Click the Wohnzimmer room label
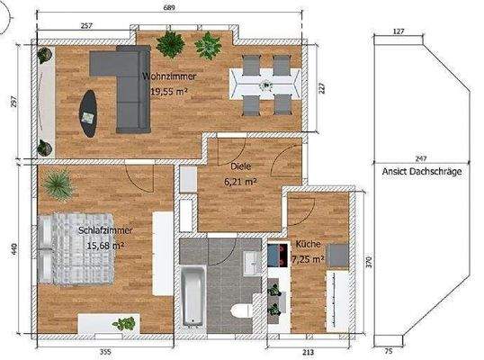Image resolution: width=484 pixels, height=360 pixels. click(168, 77)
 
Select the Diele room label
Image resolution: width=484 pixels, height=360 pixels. click(240, 166)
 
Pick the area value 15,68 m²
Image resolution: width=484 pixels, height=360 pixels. click(106, 244)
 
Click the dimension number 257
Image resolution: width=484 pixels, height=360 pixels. click(87, 26)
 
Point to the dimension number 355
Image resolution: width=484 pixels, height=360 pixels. click(104, 351)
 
